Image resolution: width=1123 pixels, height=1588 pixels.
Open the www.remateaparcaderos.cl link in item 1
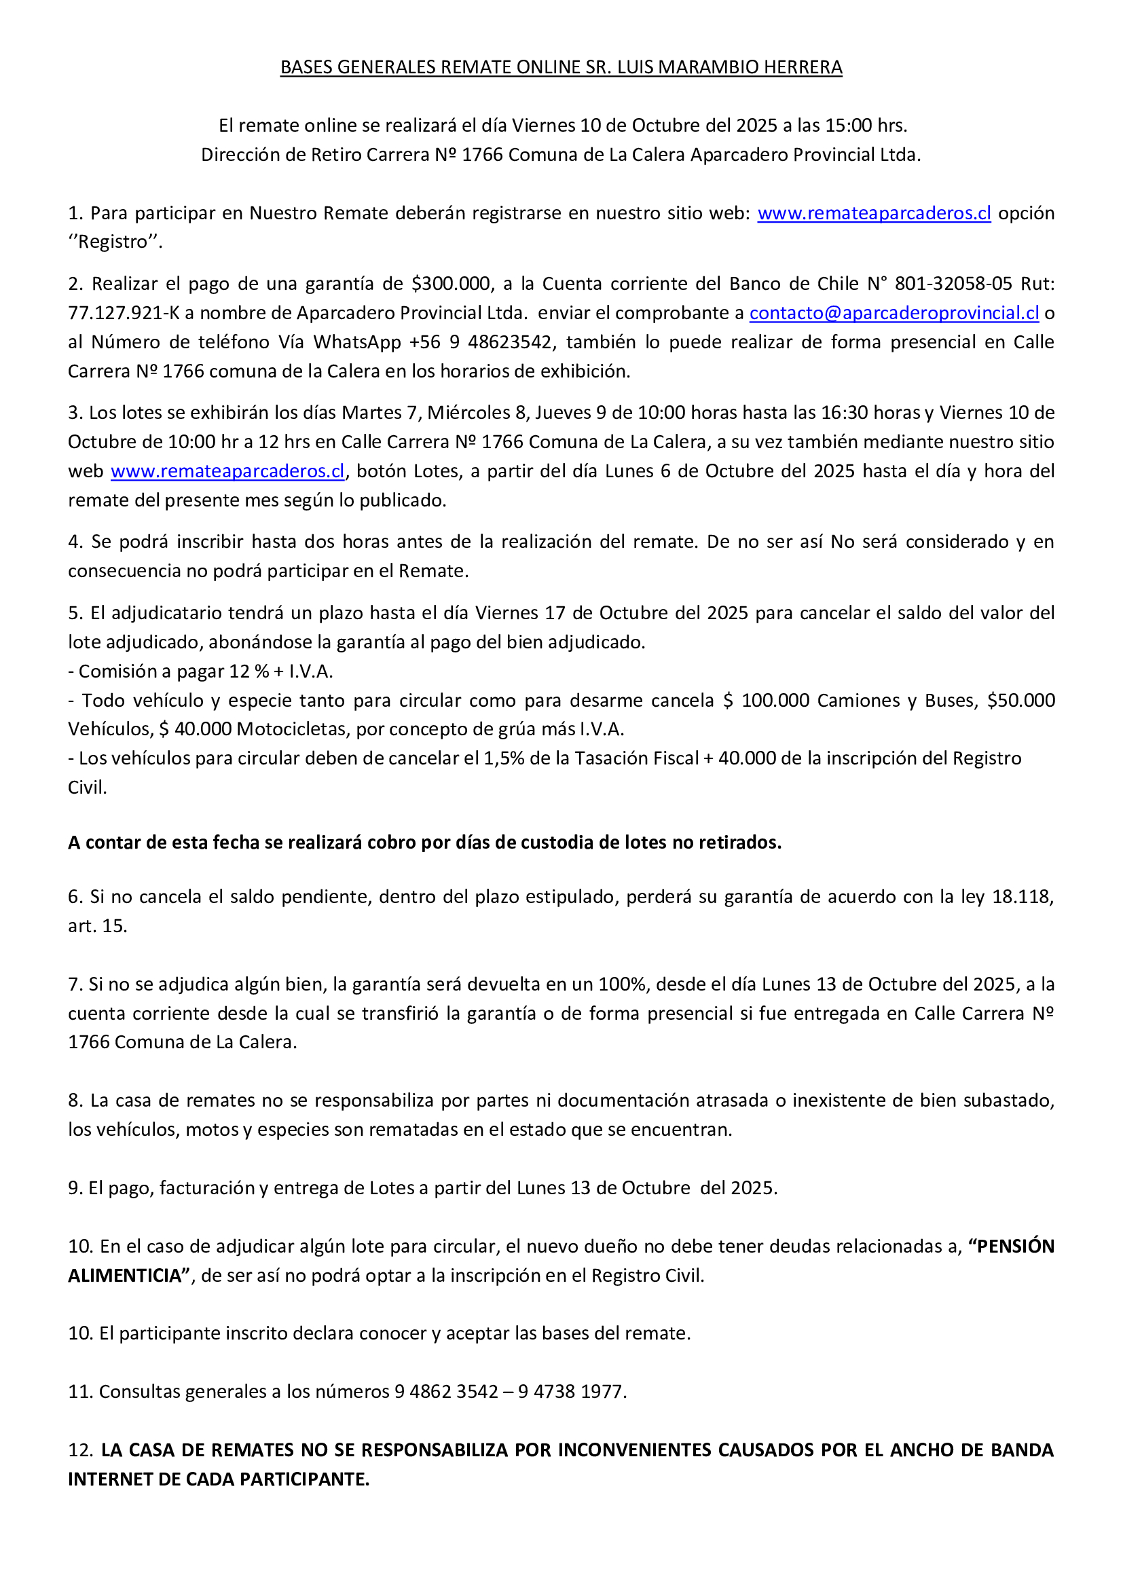tap(874, 213)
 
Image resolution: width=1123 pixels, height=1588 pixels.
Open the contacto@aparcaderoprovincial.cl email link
tap(894, 312)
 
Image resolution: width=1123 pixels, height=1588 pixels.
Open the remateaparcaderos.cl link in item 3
tap(227, 471)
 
